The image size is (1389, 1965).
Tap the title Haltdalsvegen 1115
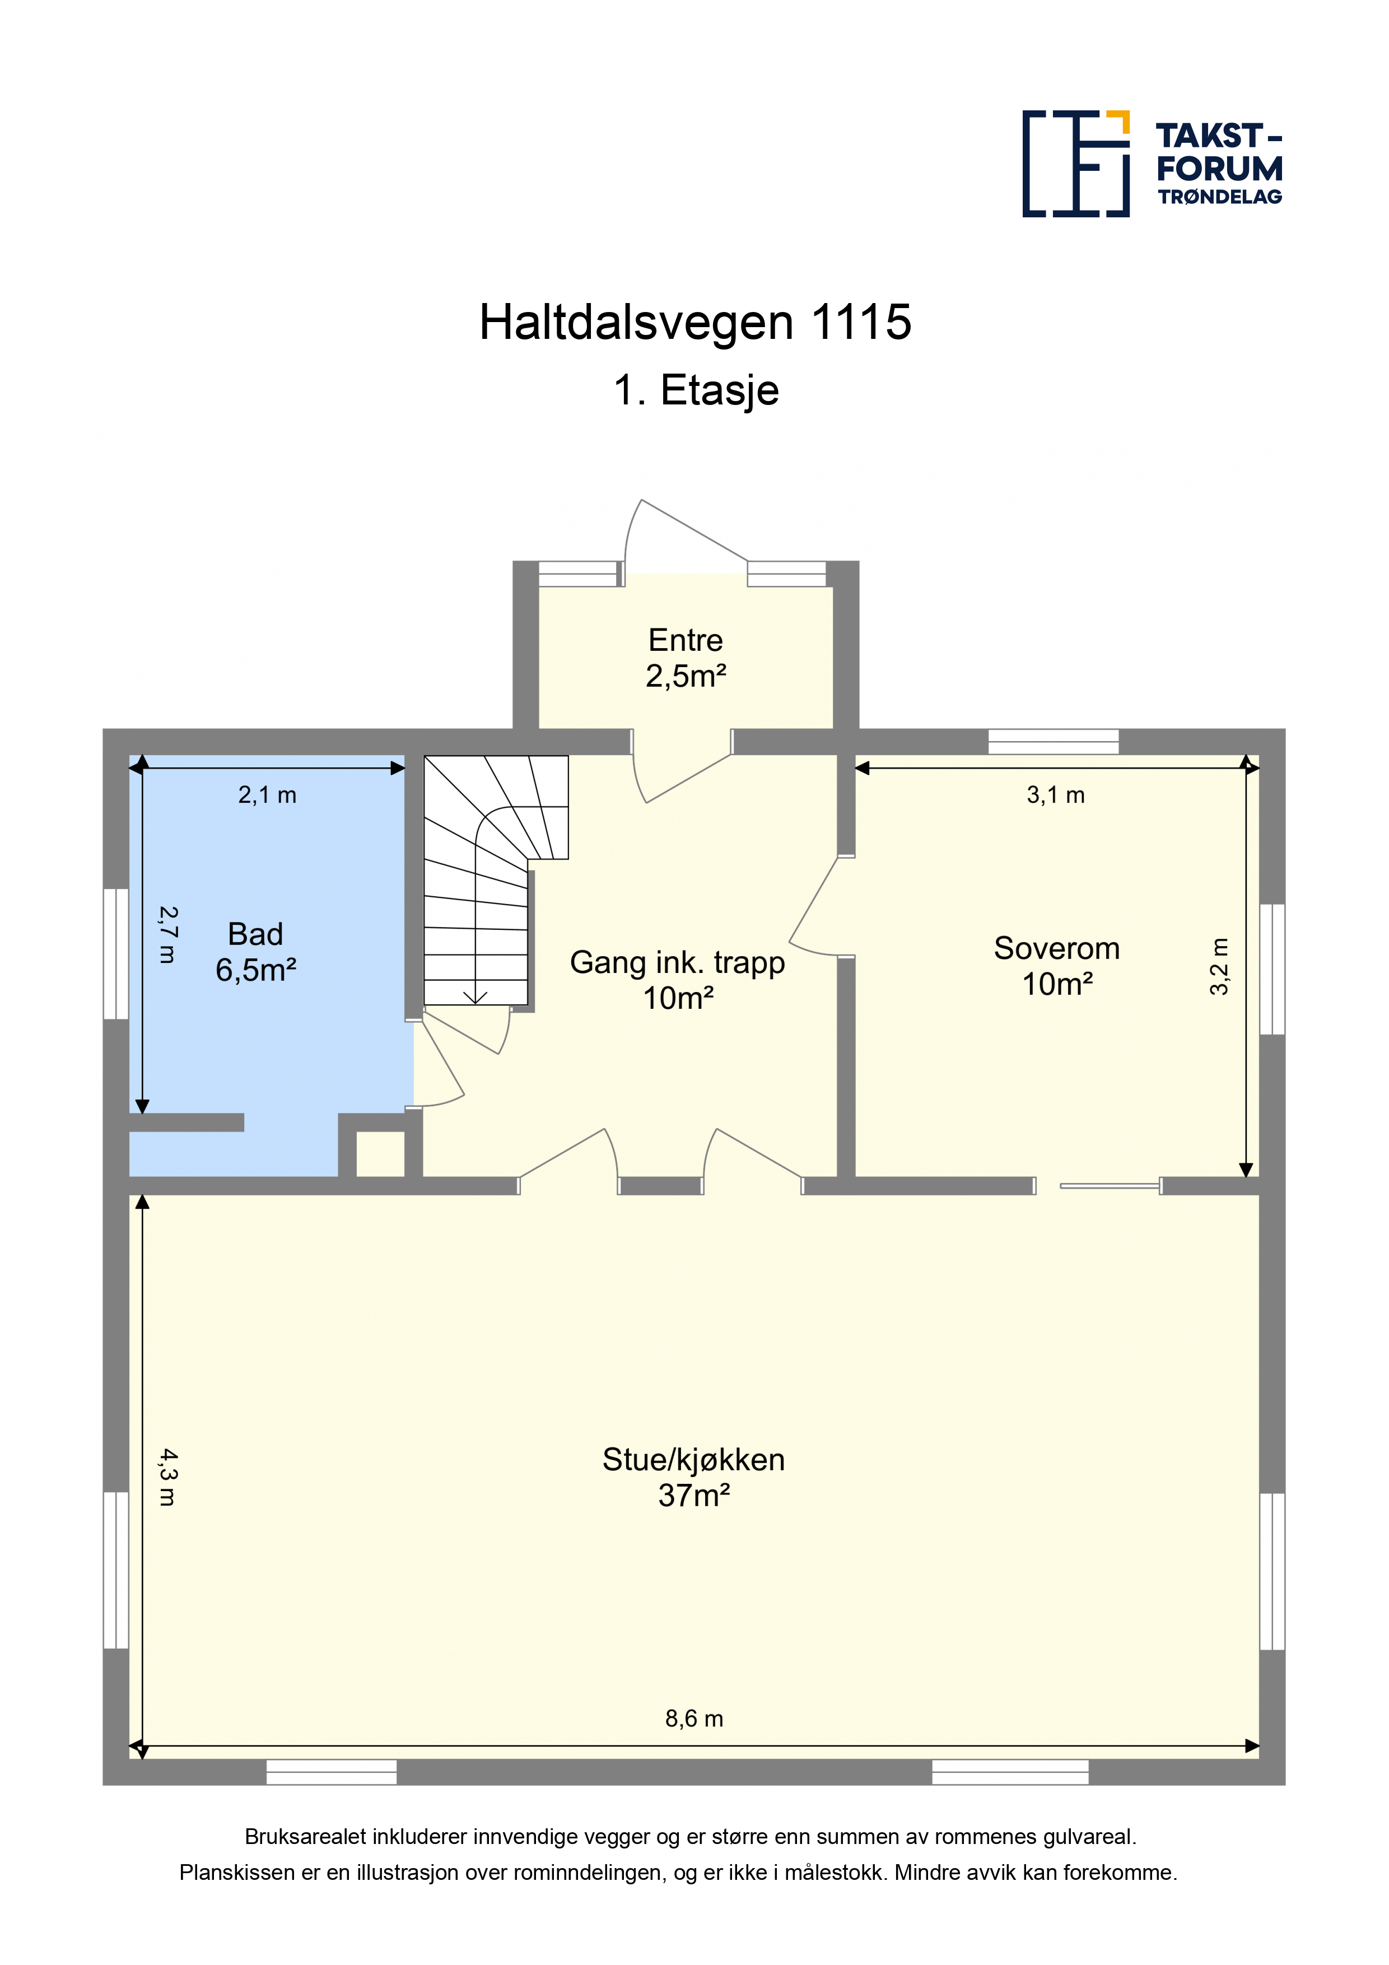click(695, 323)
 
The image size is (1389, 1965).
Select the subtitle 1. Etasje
click(696, 390)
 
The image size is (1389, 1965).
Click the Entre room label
click(686, 657)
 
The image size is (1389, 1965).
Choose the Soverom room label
click(1057, 965)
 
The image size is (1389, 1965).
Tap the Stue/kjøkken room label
click(693, 1477)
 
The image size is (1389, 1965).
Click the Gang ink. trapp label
click(678, 979)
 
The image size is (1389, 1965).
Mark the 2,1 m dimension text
click(267, 795)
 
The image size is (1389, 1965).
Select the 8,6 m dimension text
click(694, 1719)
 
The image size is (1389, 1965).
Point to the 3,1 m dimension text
click(1055, 795)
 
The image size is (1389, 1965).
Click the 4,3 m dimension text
click(167, 1477)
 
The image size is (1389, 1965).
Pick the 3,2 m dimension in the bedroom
click(1219, 966)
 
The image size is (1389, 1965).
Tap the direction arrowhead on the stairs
click(475, 997)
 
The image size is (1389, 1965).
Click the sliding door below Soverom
click(1110, 1185)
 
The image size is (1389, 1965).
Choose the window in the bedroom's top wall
click(1054, 741)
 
